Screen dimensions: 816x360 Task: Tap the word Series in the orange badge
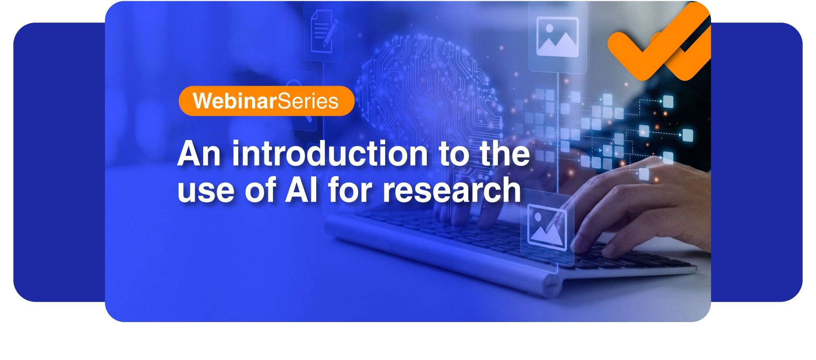[308, 101]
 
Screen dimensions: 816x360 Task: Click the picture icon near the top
[557, 36]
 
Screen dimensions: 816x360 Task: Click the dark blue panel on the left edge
[59, 162]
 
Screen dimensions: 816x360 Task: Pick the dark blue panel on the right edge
[757, 162]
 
